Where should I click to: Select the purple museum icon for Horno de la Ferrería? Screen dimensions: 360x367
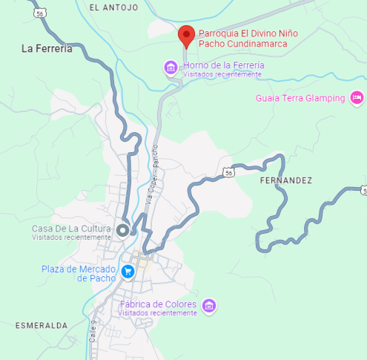[171, 69]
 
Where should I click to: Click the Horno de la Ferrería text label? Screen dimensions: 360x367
[223, 65]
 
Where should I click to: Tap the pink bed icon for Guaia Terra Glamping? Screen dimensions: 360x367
[357, 98]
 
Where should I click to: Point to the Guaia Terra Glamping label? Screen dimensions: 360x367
[300, 98]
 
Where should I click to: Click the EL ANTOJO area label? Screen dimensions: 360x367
[113, 7]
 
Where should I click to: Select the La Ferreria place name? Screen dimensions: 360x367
[47, 49]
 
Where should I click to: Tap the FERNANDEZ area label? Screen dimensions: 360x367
[286, 180]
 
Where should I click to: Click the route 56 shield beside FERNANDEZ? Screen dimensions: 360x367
[229, 172]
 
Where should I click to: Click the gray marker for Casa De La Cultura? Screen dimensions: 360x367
[123, 229]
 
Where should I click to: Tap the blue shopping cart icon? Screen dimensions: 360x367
[128, 272]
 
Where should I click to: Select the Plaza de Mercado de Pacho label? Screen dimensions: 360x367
[79, 273]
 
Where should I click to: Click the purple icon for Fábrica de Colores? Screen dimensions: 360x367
[209, 305]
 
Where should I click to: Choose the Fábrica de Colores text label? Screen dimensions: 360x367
[159, 304]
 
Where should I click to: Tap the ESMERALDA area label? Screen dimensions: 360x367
[42, 326]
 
